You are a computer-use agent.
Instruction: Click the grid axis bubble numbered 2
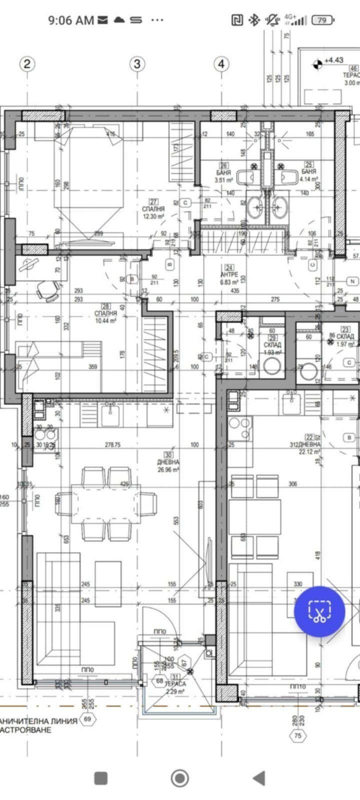point(27,63)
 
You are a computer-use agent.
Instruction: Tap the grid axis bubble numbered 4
point(221,63)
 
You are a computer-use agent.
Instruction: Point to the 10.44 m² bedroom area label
point(105,316)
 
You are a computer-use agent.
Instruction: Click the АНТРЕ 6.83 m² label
point(230,278)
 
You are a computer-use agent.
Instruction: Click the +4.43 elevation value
point(334,60)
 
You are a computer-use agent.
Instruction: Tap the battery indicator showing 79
point(322,20)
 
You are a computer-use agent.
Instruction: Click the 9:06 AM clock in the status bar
point(70,20)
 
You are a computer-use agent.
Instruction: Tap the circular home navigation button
point(180,778)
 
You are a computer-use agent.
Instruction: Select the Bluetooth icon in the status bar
point(254,20)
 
